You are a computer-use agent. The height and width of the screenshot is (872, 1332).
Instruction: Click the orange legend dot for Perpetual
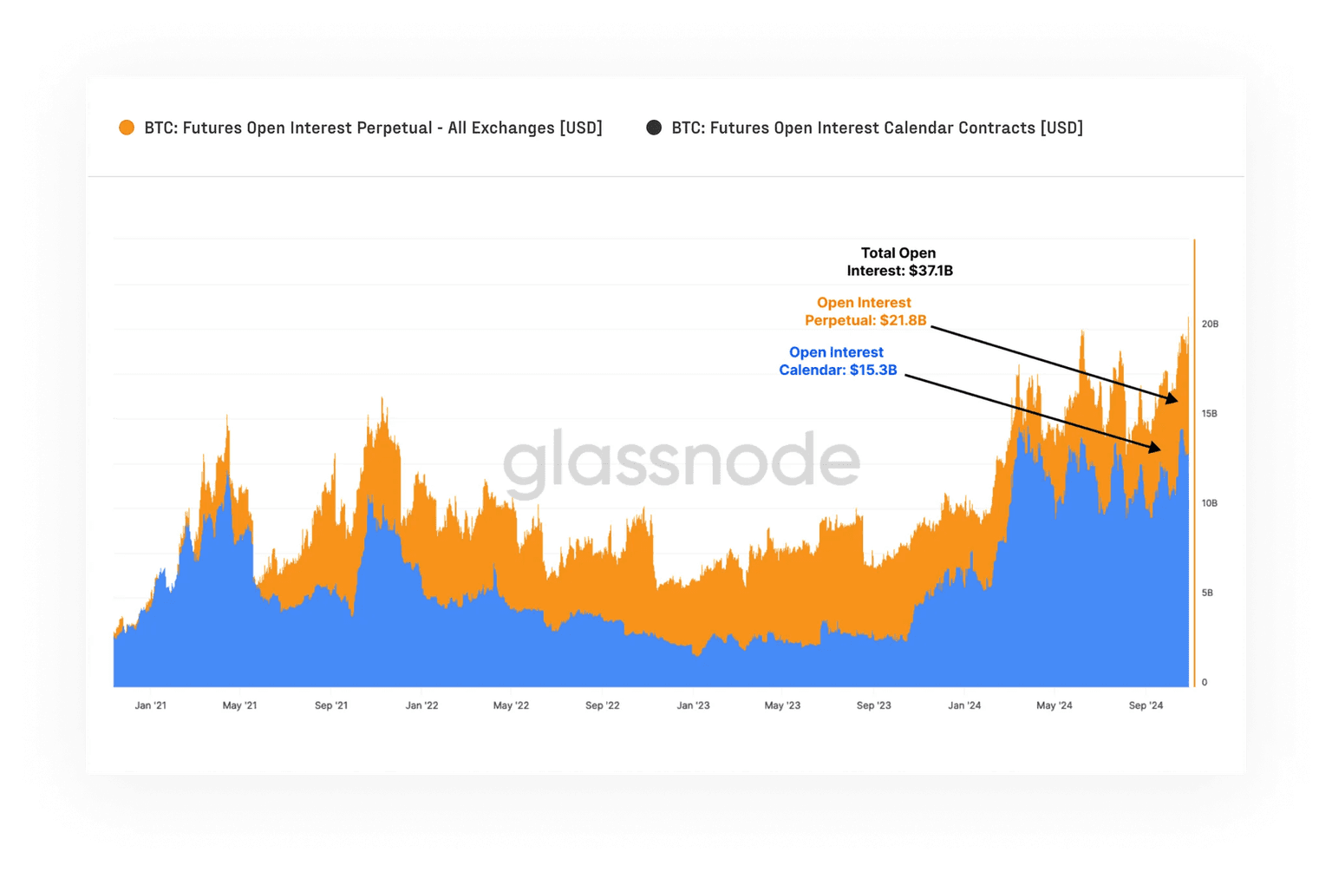(127, 128)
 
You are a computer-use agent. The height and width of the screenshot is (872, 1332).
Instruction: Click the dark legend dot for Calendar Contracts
(654, 128)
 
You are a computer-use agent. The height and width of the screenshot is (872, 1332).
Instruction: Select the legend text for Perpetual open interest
(373, 128)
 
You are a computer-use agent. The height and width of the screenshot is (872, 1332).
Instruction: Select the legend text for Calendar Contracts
(877, 128)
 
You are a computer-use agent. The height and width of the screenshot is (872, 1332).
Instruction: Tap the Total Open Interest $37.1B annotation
(899, 262)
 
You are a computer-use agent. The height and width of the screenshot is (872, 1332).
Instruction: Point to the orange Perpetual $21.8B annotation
(865, 311)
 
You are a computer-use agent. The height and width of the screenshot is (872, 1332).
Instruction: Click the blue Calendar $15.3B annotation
(837, 361)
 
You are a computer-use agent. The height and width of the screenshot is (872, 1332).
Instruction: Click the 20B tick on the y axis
(1210, 324)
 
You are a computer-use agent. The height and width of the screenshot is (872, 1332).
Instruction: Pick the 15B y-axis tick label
(1210, 414)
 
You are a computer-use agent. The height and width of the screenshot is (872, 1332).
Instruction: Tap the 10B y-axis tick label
(1210, 503)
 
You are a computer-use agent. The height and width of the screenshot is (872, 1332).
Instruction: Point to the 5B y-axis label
(1207, 593)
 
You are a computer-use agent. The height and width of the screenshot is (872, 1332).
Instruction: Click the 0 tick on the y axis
(1205, 682)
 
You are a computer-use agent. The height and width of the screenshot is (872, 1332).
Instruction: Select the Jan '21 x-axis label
(151, 705)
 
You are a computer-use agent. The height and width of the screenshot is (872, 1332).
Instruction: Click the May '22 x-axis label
(511, 705)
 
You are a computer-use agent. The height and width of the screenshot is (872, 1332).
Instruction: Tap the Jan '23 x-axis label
(693, 705)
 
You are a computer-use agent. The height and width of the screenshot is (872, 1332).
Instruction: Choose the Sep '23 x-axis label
(873, 705)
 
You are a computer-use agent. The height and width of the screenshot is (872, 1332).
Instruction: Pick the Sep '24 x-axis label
(1146, 705)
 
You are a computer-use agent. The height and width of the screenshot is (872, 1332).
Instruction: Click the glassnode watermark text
(682, 460)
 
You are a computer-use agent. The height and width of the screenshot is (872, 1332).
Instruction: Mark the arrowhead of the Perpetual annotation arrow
(1173, 400)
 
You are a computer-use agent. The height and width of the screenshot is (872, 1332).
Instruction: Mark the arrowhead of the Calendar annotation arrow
(1156, 449)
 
